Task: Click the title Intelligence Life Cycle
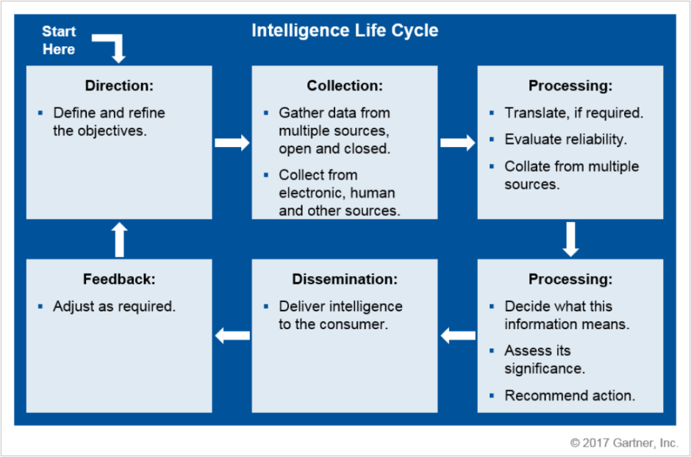(x=345, y=31)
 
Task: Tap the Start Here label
(x=59, y=40)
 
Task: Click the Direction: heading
(x=119, y=85)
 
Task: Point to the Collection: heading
(x=345, y=85)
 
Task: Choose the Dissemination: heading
(x=345, y=279)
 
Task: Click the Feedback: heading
(x=119, y=279)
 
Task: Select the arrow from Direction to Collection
(x=232, y=143)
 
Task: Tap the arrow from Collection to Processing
(x=457, y=143)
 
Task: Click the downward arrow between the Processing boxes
(x=570, y=239)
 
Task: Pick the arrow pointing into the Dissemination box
(x=457, y=336)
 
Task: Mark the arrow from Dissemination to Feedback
(x=232, y=336)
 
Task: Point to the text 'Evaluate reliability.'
(x=565, y=140)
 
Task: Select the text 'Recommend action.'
(x=570, y=395)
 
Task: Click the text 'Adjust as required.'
(x=114, y=306)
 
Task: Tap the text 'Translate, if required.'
(x=573, y=113)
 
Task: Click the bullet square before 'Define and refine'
(x=41, y=113)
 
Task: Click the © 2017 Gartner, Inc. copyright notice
(x=624, y=443)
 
